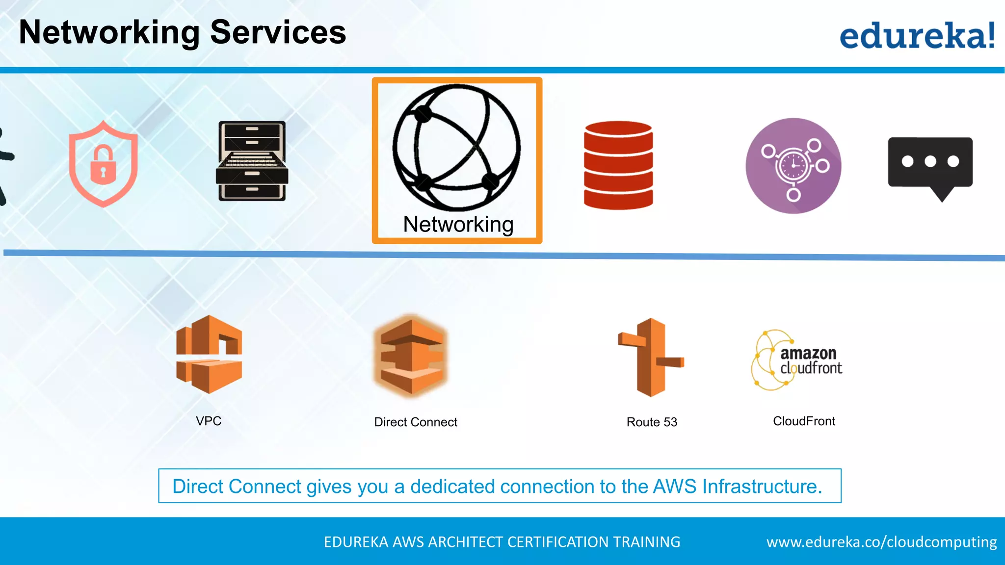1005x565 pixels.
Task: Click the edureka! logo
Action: click(917, 35)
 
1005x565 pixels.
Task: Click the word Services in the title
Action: click(278, 32)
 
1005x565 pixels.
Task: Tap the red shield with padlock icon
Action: click(103, 164)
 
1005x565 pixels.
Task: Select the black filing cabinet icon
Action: click(252, 161)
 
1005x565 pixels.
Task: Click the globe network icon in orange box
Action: click(456, 147)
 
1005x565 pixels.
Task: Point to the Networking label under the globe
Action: click(458, 224)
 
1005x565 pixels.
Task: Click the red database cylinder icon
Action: click(618, 165)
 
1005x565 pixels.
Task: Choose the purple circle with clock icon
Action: click(793, 166)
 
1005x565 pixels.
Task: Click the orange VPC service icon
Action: click(209, 354)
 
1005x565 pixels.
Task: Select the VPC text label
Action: click(209, 421)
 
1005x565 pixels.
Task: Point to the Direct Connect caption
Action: click(416, 422)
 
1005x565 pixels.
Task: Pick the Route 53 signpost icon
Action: click(651, 357)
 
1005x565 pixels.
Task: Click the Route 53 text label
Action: click(652, 422)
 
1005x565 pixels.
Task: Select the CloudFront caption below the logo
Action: click(804, 421)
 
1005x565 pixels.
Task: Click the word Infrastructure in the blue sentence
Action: click(762, 487)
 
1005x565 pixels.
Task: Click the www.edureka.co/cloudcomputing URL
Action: click(881, 542)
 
